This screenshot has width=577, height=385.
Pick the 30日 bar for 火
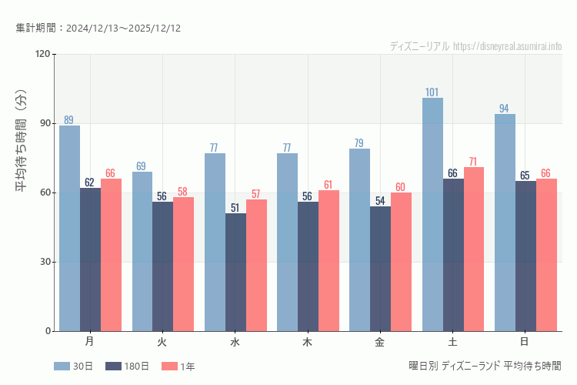[142, 251]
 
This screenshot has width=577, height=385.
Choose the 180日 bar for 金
[380, 269]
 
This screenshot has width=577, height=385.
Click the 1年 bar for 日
[546, 255]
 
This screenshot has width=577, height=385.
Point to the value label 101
[432, 92]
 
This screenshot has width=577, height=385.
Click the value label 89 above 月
[69, 120]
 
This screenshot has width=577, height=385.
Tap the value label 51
[235, 208]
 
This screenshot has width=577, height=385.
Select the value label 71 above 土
[474, 162]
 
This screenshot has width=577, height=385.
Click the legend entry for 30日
[73, 367]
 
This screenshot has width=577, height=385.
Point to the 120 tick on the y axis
[42, 54]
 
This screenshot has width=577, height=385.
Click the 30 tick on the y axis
[45, 262]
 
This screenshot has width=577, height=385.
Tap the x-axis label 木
[308, 341]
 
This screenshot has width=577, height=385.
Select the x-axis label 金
[380, 341]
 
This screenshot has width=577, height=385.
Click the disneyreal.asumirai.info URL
[507, 46]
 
